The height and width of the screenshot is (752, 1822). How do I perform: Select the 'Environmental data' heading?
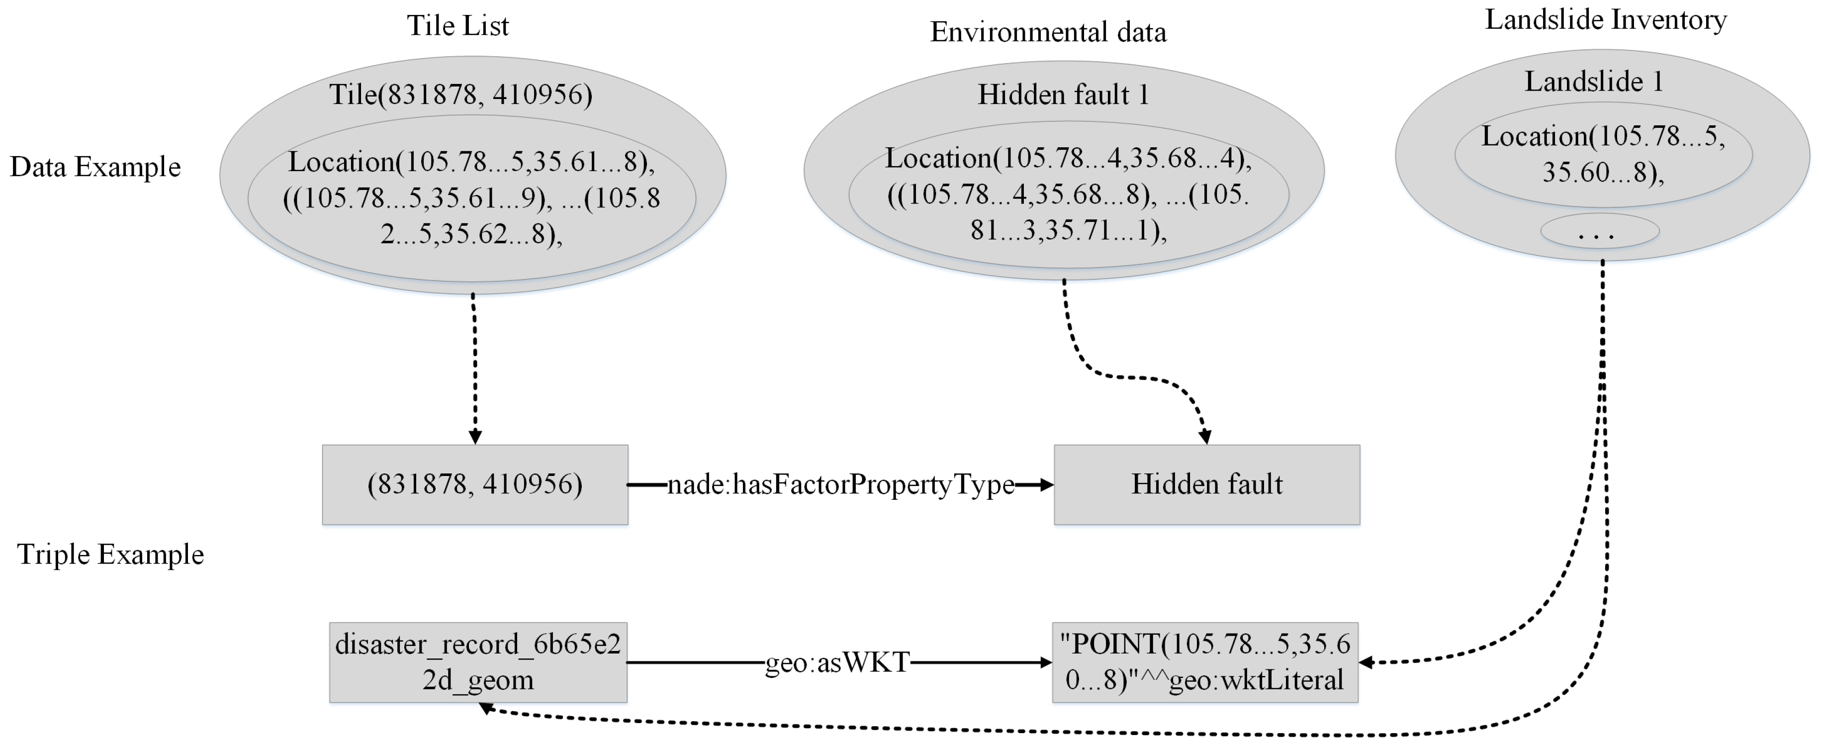[1048, 32]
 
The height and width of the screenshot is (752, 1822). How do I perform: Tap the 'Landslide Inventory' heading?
[1605, 20]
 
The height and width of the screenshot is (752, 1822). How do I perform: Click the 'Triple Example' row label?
[110, 554]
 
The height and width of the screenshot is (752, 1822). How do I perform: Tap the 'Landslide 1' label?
[1593, 82]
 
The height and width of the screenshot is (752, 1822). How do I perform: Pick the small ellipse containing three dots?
[1599, 231]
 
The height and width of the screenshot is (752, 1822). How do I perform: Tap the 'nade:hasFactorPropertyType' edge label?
[840, 484]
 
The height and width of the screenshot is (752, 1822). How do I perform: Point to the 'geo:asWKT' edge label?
[837, 662]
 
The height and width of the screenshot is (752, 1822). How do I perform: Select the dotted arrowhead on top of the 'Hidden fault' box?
[1205, 437]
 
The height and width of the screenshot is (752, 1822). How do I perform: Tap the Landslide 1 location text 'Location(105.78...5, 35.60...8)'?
[1603, 154]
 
